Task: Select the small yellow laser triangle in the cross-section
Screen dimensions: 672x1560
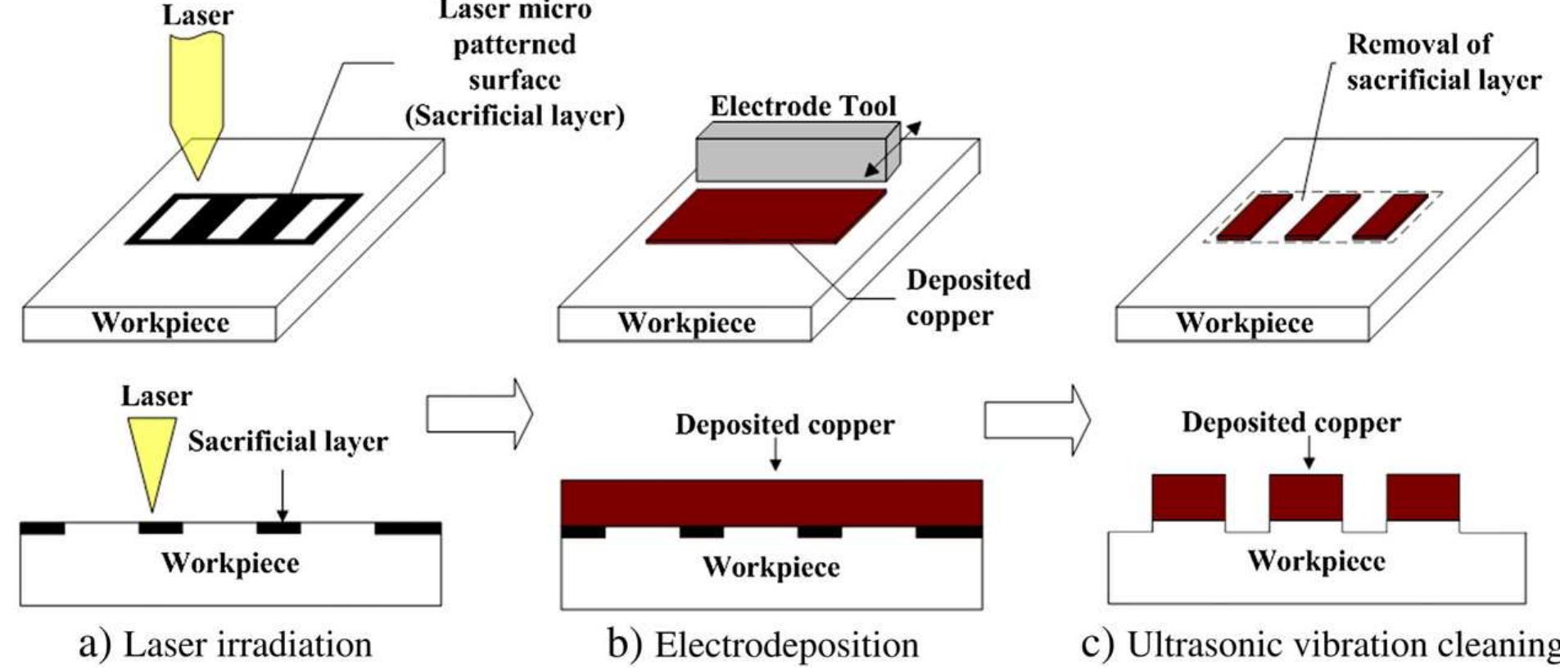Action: pos(152,456)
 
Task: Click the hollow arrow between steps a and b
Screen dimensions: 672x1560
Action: pos(478,414)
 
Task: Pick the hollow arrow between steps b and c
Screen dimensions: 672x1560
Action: pos(1036,419)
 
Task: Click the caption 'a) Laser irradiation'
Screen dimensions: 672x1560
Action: pos(225,645)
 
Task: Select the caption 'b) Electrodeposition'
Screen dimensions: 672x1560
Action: pos(762,645)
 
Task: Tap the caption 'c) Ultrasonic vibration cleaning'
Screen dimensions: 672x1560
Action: pos(1318,645)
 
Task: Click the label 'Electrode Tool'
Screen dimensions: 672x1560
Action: pos(803,106)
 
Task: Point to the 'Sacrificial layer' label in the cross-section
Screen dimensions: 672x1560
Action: pos(287,442)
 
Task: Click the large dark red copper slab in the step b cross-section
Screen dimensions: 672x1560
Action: pos(771,502)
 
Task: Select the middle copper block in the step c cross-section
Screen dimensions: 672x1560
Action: pos(1305,497)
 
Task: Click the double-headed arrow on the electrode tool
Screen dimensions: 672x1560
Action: pos(893,149)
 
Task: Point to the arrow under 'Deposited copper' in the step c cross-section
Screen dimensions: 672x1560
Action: pos(1309,451)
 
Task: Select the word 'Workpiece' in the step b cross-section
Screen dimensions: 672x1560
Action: pos(771,567)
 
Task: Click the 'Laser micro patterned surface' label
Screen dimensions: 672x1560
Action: pos(514,62)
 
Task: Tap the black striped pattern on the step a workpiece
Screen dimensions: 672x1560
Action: pos(244,219)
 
